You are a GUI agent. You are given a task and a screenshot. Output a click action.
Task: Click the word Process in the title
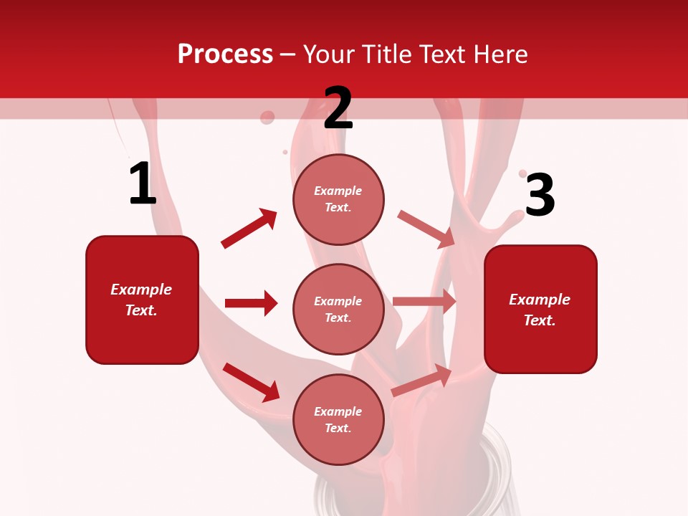[225, 54]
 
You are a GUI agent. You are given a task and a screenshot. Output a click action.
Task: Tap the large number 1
[142, 184]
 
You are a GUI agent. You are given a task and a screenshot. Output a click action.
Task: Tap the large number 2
[338, 108]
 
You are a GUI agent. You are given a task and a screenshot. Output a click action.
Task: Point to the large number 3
[540, 195]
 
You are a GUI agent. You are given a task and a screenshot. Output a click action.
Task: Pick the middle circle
[338, 309]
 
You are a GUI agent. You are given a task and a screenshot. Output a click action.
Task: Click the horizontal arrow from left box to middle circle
[251, 303]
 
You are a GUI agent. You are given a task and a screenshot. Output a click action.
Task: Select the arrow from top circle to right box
[426, 229]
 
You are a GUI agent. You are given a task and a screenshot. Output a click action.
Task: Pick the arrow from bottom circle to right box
[422, 380]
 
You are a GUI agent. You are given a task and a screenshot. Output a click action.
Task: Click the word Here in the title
[499, 54]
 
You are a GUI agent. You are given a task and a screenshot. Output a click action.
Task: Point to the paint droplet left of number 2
[267, 117]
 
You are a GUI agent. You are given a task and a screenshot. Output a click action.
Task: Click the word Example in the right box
[540, 300]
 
